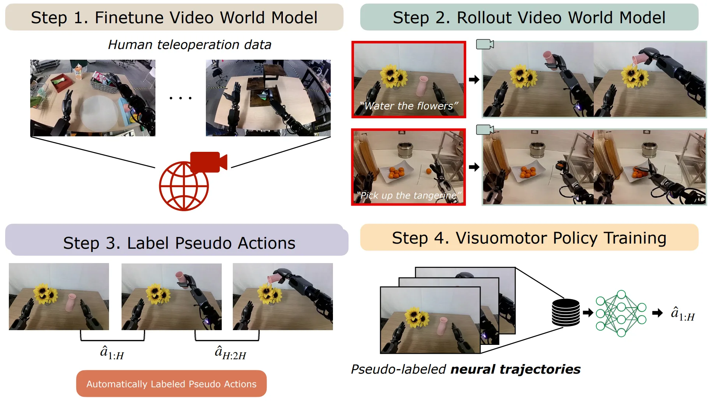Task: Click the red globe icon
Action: [x=184, y=186]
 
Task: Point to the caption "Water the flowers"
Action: [x=409, y=106]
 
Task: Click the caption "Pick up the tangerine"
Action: [x=409, y=195]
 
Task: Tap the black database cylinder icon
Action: [x=566, y=312]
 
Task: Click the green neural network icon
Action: [x=621, y=314]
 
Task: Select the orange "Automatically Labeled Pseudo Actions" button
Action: [x=171, y=384]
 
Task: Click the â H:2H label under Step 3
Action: [x=230, y=353]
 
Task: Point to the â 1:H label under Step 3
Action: [x=112, y=353]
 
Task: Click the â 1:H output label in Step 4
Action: [x=682, y=314]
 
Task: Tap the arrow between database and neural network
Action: [x=588, y=313]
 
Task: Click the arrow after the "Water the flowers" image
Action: [x=474, y=80]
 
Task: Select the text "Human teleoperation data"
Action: [x=190, y=45]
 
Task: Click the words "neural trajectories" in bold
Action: [x=516, y=369]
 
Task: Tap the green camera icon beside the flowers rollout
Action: [x=485, y=44]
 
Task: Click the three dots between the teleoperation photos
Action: [x=180, y=98]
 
